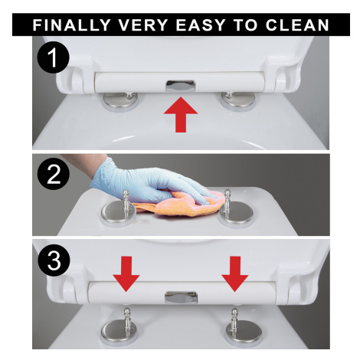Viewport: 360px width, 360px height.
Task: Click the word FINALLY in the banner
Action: [71, 25]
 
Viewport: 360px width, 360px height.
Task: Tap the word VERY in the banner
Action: [143, 25]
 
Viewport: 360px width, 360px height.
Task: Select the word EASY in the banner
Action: [201, 25]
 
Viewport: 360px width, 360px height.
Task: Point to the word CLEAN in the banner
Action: [297, 25]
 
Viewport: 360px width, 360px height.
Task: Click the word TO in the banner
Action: [245, 25]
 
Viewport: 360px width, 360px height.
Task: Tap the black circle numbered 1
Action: [54, 57]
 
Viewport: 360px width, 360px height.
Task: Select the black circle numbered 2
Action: [54, 174]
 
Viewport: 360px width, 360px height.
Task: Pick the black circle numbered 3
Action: [54, 260]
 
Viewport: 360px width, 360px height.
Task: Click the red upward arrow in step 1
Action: [181, 115]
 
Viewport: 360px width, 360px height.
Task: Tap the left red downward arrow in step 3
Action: [126, 274]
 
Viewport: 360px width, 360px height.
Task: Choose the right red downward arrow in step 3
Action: [235, 274]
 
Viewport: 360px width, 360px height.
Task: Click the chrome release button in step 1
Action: [180, 86]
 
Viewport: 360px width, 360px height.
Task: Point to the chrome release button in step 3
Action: [181, 297]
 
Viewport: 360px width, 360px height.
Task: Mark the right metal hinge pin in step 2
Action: [227, 201]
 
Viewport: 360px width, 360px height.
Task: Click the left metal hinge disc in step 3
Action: [118, 332]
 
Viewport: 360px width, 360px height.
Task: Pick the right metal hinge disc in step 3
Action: [244, 332]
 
